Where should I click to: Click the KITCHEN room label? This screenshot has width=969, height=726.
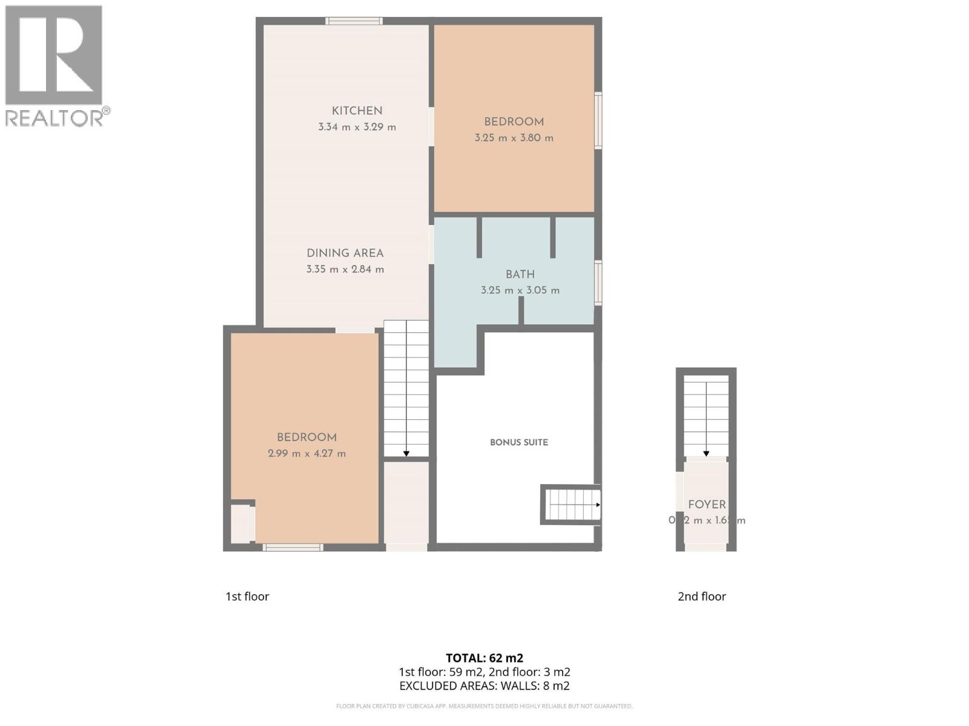(357, 111)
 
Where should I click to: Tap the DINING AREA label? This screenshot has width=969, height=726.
(345, 253)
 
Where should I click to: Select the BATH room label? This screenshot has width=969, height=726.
(520, 274)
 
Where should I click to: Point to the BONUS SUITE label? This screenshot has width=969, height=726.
(519, 442)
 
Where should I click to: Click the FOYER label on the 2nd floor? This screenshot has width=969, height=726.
(707, 505)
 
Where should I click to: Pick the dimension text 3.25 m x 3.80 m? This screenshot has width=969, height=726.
(514, 138)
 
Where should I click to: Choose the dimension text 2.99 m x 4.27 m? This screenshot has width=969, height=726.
(306, 454)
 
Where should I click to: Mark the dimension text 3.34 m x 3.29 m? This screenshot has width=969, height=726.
(357, 127)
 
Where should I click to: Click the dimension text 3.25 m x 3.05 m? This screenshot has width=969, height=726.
(520, 290)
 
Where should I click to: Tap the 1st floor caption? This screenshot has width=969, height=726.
(247, 597)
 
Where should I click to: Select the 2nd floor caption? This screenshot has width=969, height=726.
(701, 597)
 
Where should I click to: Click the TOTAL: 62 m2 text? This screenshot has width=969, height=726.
(484, 658)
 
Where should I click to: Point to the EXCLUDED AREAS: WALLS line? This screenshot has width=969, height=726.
(484, 686)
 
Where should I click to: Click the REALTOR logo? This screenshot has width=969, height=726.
(56, 66)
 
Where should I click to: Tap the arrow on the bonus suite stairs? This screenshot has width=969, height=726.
(598, 505)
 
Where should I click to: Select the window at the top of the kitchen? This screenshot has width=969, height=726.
(354, 21)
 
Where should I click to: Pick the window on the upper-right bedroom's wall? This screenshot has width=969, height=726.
(598, 120)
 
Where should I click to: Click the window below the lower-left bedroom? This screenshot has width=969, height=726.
(293, 548)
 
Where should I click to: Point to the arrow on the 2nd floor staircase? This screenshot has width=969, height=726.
(706, 453)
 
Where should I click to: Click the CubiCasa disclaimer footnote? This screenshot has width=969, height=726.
(484, 706)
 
